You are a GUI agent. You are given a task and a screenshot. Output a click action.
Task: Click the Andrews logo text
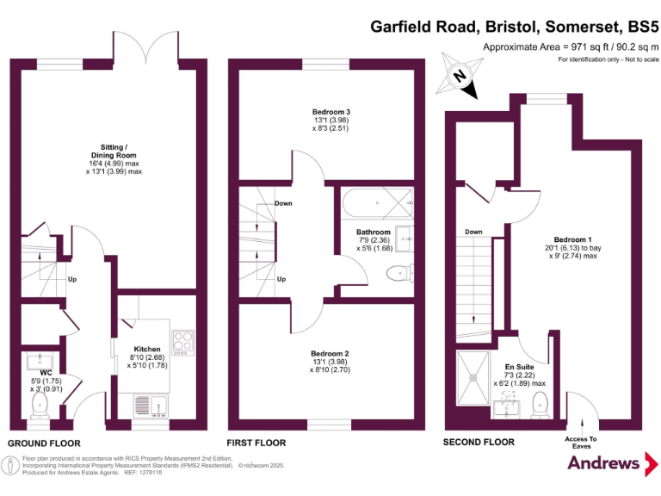click(602, 462)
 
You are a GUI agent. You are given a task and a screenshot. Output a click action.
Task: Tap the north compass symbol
click(460, 76)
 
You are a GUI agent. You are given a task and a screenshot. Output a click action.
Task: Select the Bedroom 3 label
click(331, 112)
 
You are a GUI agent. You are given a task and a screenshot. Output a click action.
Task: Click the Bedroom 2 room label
click(330, 353)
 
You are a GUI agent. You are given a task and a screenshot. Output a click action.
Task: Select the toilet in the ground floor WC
click(40, 403)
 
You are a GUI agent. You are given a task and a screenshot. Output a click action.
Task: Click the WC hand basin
click(40, 363)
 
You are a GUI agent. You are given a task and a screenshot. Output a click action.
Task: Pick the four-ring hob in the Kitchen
click(182, 343)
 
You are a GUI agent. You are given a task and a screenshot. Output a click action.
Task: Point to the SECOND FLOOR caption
click(479, 442)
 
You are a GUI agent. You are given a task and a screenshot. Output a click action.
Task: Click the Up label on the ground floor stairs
click(73, 279)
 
